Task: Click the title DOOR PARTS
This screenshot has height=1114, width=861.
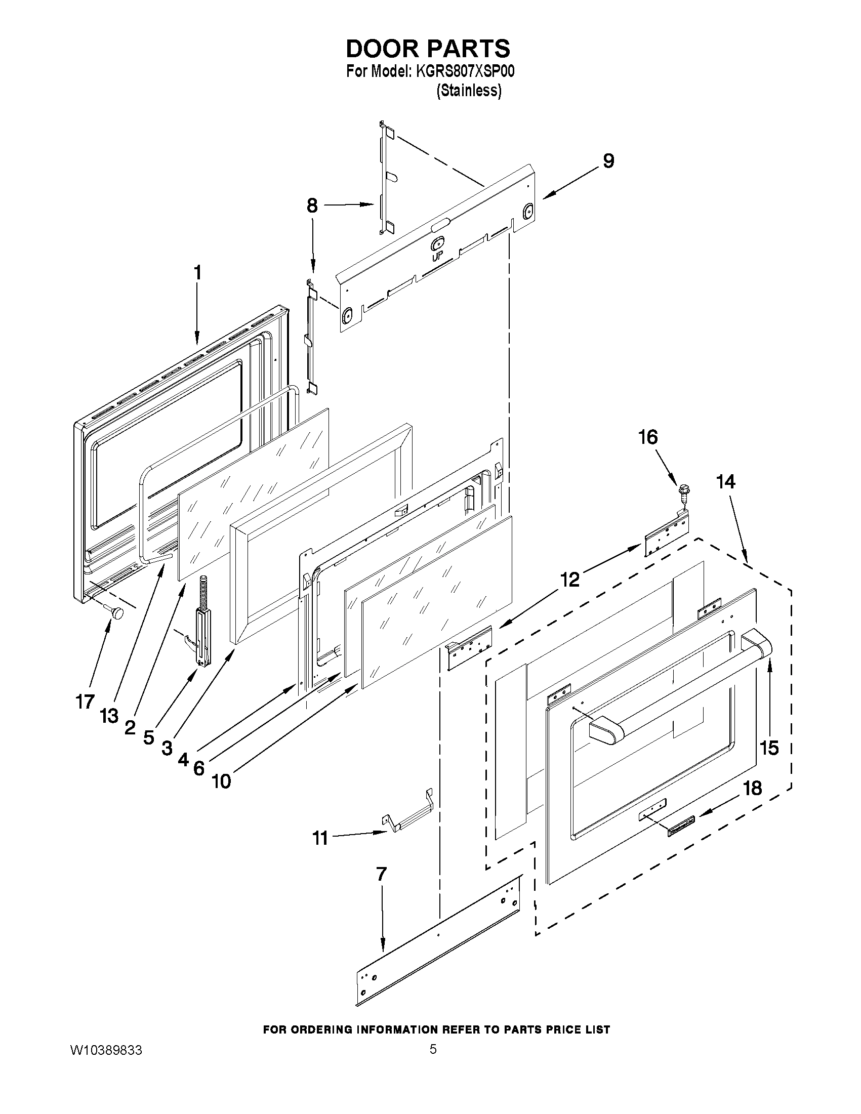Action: pos(427,49)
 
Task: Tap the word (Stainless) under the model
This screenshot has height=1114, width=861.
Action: pos(469,91)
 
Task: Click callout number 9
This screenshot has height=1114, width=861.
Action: pos(608,160)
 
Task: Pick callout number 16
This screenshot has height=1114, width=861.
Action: pos(648,437)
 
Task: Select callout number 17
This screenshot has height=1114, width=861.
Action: pos(85,702)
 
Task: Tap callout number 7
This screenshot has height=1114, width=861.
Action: pos(382,874)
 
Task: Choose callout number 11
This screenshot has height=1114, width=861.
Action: pos(320,838)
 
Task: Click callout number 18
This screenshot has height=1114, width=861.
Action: pos(752,788)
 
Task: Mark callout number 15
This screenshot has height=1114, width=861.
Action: pos(769,748)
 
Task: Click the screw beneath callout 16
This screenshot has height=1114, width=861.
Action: pos(683,493)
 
